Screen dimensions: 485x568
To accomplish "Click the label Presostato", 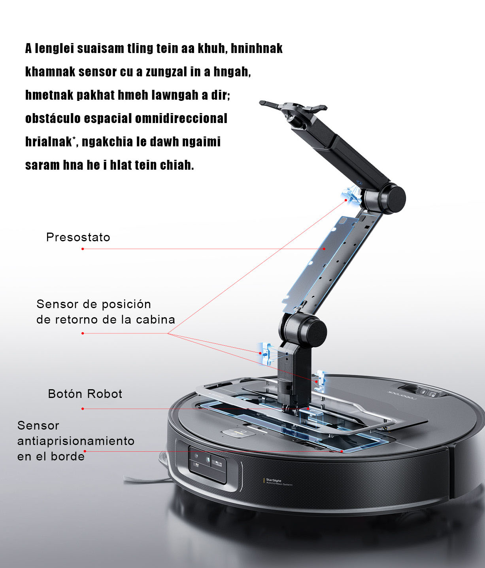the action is [78, 237].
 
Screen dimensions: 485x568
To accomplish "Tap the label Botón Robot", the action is [85, 394].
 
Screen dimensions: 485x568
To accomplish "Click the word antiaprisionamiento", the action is [76, 441].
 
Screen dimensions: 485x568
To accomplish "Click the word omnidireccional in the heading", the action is [181, 118].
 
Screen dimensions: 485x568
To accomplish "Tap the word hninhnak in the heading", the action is [257, 48].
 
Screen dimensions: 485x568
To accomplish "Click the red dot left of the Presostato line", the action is [83, 249].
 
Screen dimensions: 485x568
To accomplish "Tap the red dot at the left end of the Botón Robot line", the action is [83, 409].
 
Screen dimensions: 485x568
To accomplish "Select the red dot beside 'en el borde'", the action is [85, 451].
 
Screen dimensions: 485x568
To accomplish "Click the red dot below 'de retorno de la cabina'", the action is [83, 333].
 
